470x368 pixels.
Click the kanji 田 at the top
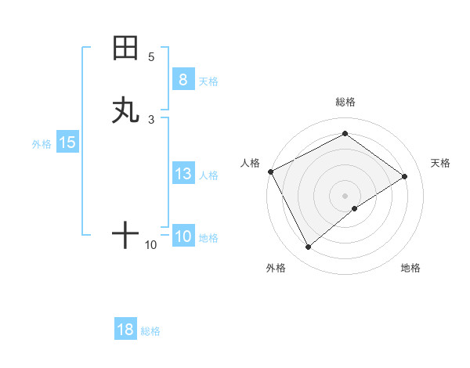(x=125, y=49)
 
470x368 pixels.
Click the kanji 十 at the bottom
(x=125, y=235)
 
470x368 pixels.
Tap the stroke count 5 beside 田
(x=151, y=57)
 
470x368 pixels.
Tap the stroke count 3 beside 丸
(x=151, y=119)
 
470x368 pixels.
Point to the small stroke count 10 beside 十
(x=151, y=245)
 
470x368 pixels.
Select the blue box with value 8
(x=183, y=80)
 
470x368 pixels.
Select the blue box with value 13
(x=183, y=175)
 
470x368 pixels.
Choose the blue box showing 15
(x=67, y=143)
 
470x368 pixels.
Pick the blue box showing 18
(x=125, y=330)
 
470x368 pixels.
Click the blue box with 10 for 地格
(x=183, y=237)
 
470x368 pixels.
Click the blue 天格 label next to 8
(x=208, y=81)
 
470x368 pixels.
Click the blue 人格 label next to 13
(x=208, y=175)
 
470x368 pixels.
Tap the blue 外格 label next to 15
(x=41, y=144)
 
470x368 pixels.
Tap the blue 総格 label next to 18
(x=150, y=331)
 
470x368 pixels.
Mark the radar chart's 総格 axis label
(x=345, y=102)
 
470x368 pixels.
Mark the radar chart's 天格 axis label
(x=440, y=163)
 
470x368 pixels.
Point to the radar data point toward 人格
(x=270, y=171)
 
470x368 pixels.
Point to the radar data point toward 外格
(x=308, y=247)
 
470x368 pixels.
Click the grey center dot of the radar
(x=345, y=196)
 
